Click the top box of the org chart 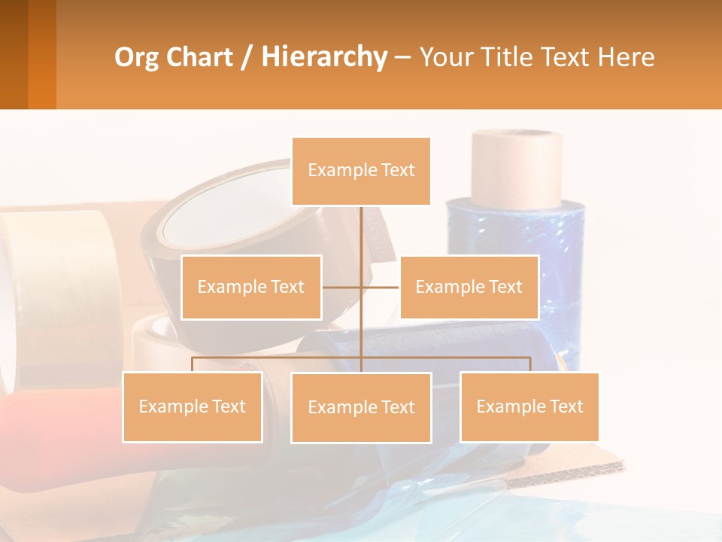click(x=361, y=171)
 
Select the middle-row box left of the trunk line click(x=251, y=287)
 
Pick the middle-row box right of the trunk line click(x=469, y=287)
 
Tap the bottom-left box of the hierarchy click(x=192, y=406)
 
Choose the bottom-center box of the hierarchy click(x=361, y=407)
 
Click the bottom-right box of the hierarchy click(x=529, y=406)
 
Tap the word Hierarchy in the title click(x=323, y=57)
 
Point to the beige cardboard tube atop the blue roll click(x=517, y=167)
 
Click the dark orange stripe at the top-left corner click(x=42, y=54)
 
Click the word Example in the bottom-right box click(x=502, y=406)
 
